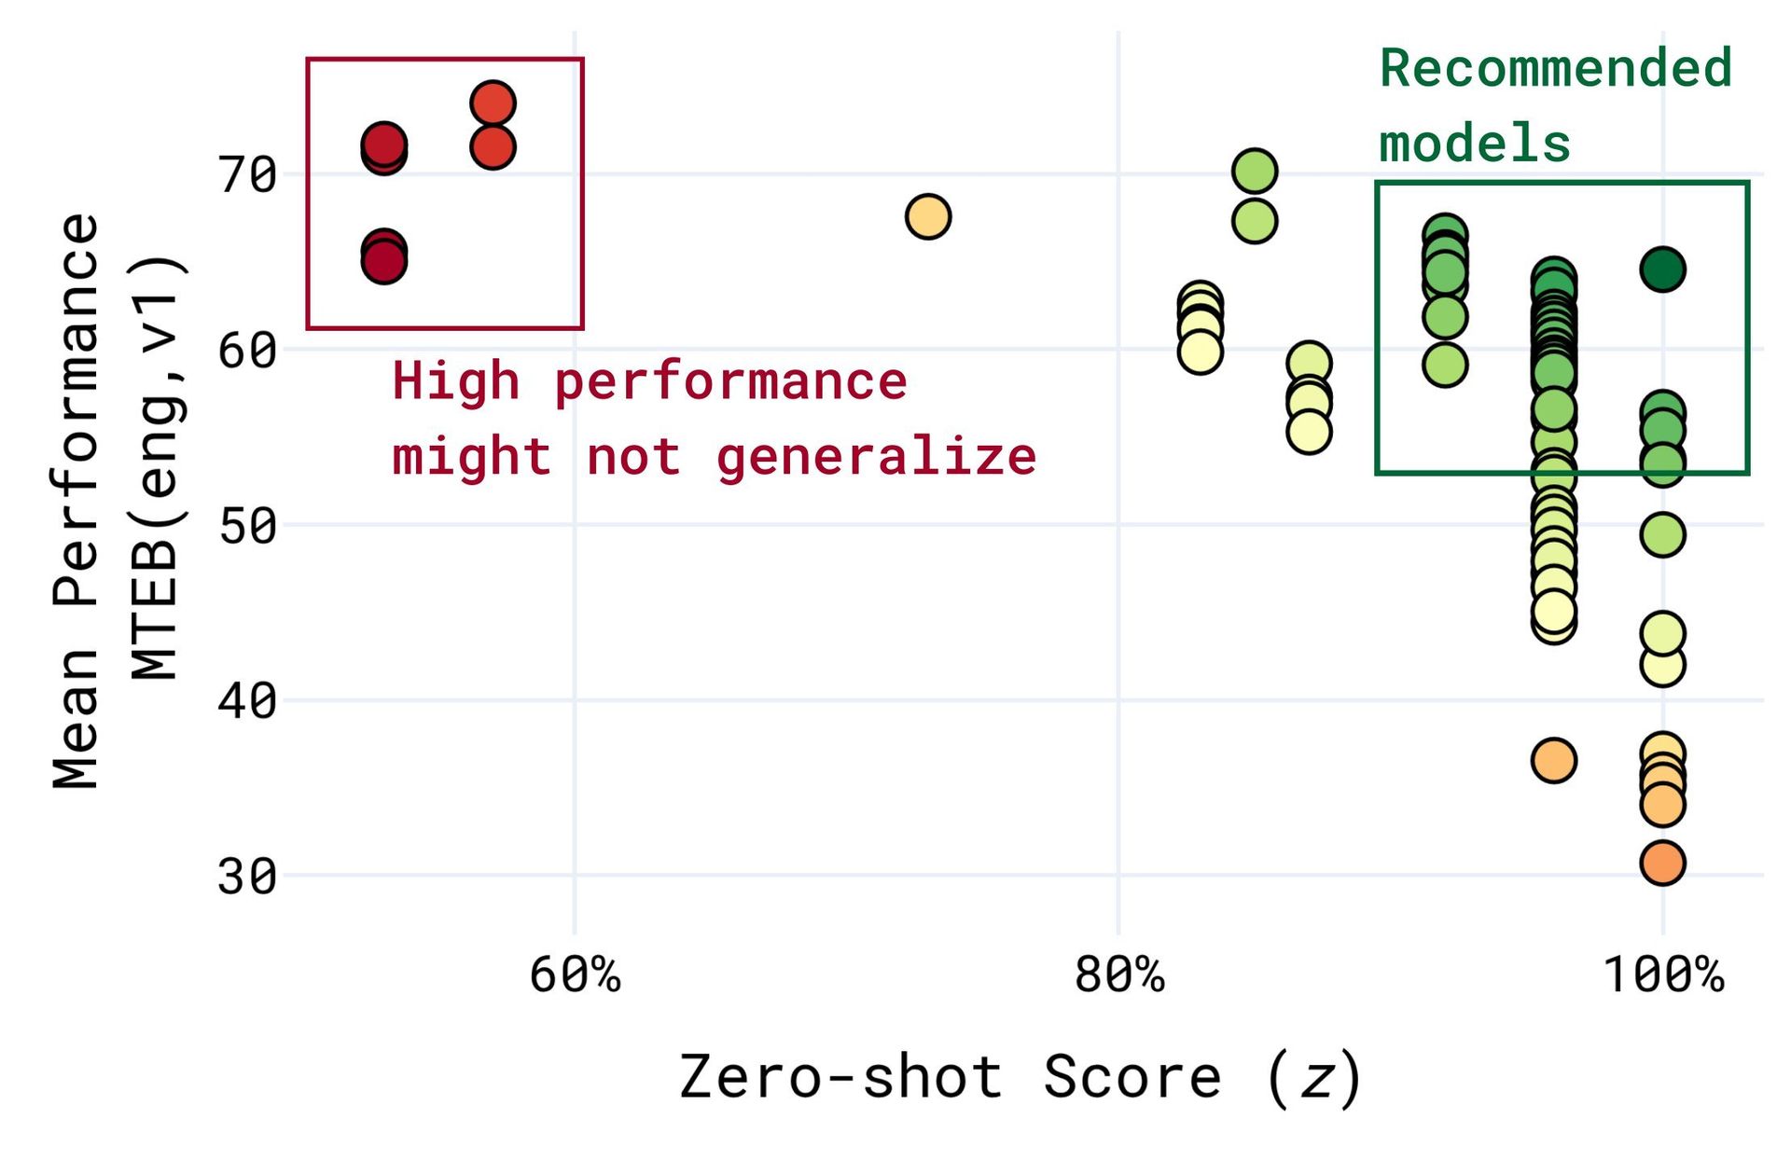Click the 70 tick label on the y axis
click(247, 174)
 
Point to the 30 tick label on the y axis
click(247, 877)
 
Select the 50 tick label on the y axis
click(247, 526)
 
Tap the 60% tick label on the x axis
click(575, 975)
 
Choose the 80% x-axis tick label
click(1118, 975)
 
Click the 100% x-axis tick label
click(1662, 975)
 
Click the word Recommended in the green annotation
click(1555, 69)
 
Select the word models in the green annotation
click(1475, 145)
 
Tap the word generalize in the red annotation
click(876, 457)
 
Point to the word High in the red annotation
click(455, 381)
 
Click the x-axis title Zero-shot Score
click(950, 1077)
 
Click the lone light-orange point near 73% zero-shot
click(927, 216)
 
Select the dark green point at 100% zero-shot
click(1662, 269)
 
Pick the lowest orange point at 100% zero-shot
click(1662, 863)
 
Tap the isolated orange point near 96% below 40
click(1553, 760)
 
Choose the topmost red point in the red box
click(493, 103)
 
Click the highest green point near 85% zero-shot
click(1255, 171)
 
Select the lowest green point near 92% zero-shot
click(1445, 365)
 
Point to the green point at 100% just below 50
click(1662, 534)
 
